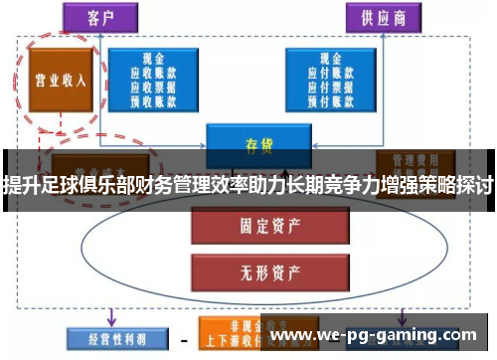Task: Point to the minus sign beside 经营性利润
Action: (183, 338)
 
